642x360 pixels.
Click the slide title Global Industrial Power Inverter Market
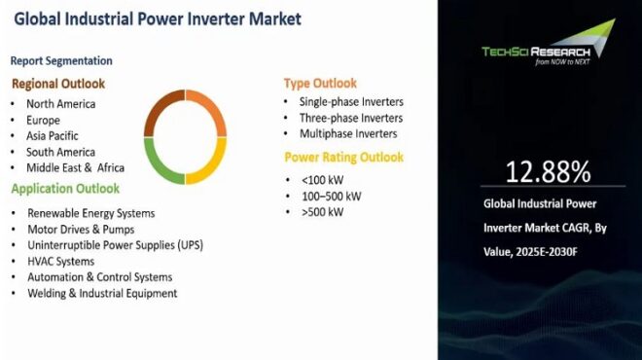157,18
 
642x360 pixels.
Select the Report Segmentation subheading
63,60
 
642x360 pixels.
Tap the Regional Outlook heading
58,84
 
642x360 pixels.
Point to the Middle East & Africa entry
75,167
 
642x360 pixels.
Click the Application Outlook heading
66,189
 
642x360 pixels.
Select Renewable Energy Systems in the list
91,213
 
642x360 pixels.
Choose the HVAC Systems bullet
61,261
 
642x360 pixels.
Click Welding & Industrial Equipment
102,293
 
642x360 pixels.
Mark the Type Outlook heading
320,84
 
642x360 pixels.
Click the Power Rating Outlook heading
344,157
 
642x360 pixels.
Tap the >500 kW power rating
321,212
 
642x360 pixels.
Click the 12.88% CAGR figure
547,172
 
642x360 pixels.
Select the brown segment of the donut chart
158,106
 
